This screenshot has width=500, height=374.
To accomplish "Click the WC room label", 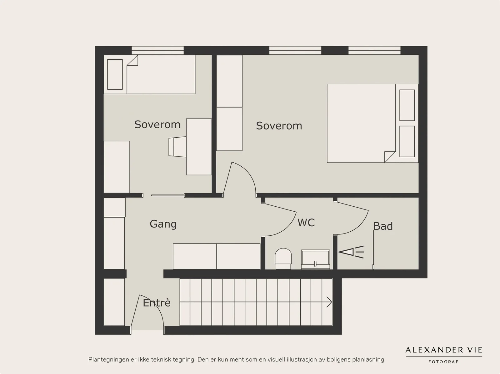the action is [306, 223].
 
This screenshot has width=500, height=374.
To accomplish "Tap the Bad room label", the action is [383, 226].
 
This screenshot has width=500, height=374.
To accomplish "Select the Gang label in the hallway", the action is [163, 224].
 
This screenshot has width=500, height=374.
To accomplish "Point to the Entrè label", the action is [157, 303].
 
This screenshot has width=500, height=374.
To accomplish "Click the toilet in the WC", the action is [283, 259].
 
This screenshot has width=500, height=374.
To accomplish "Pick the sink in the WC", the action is [316, 259].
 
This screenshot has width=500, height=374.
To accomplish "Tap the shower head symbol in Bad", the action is [351, 252].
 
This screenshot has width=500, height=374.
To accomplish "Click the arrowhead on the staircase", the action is [329, 302].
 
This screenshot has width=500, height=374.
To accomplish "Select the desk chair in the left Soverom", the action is [177, 147].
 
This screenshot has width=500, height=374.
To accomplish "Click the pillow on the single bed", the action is [115, 74].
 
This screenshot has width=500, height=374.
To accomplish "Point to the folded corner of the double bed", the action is [389, 157].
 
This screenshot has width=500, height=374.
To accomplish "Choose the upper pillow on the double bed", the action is [407, 105].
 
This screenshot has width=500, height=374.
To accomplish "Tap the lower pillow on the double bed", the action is [407, 141].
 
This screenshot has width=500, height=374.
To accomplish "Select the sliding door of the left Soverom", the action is [167, 195].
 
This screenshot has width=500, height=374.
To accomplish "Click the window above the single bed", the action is [157, 51].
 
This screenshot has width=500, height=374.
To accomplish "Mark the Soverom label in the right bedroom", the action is [279, 126].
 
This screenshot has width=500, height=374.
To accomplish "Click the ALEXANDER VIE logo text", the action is [444, 350].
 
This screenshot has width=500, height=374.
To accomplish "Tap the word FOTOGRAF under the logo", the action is [443, 362].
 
